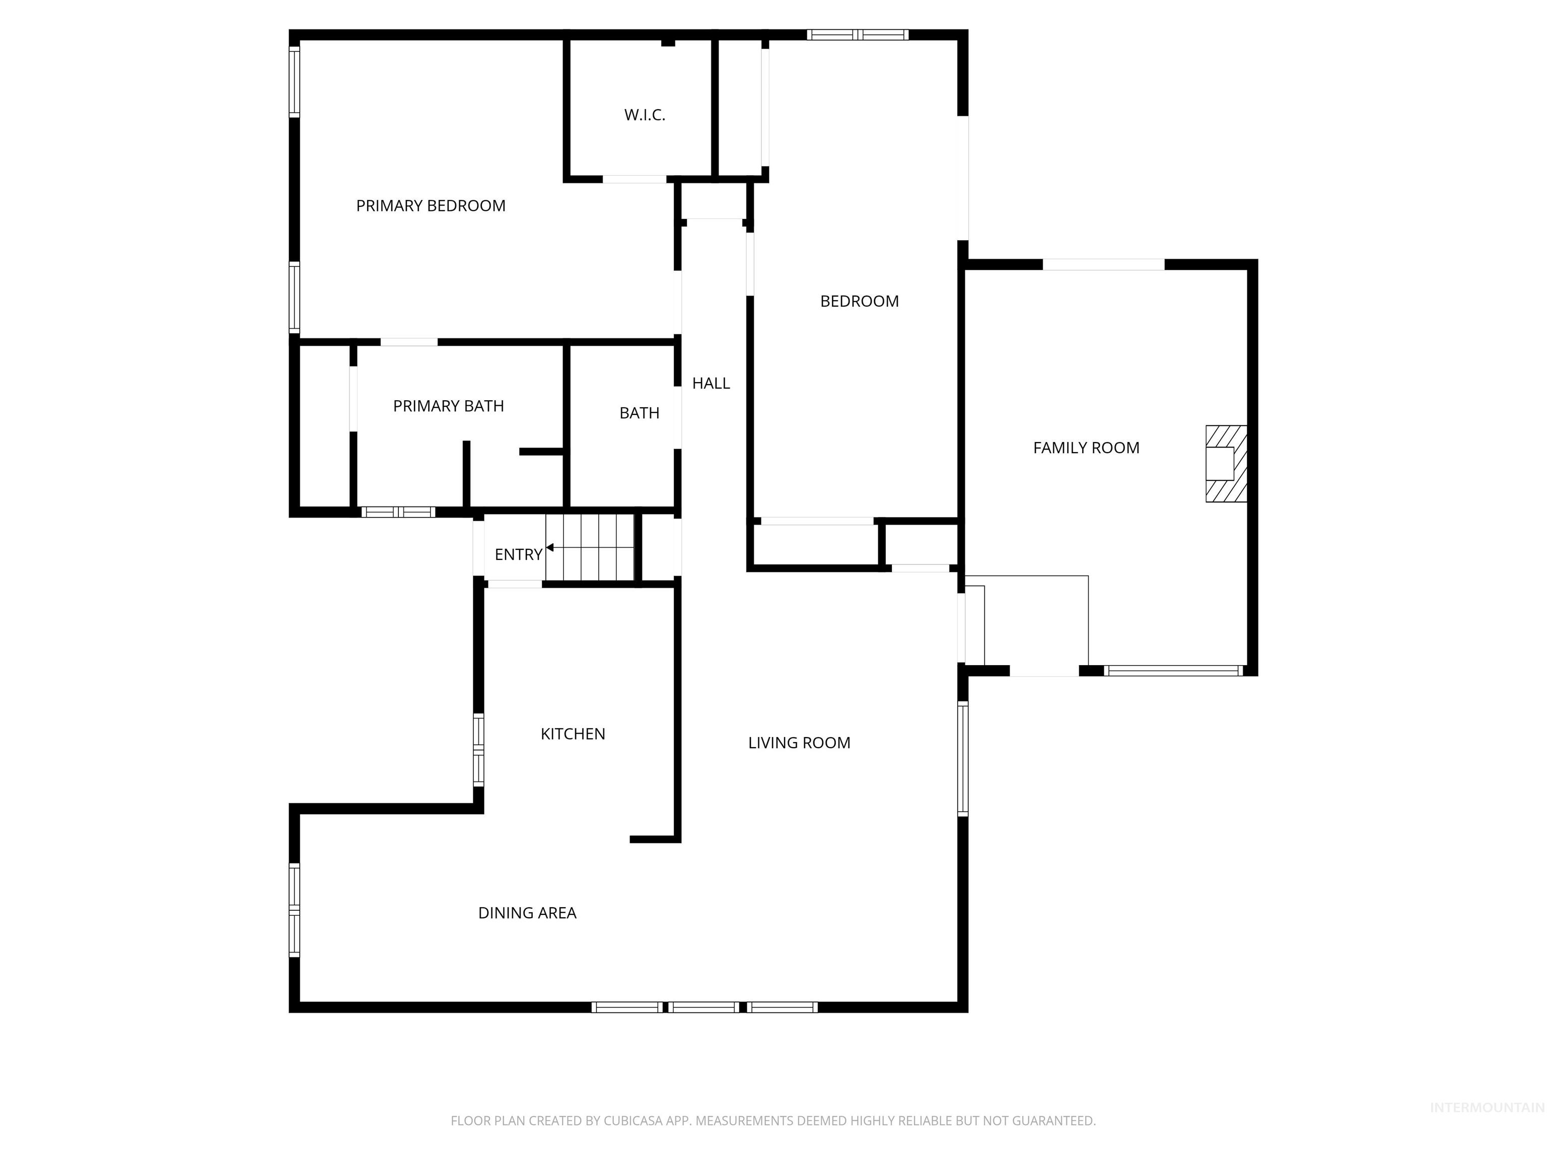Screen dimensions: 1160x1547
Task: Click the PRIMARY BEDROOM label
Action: [x=430, y=205]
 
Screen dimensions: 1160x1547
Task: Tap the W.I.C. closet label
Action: [x=644, y=115]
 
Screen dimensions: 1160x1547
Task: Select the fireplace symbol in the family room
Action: [x=1225, y=464]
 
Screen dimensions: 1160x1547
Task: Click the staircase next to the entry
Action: [x=590, y=547]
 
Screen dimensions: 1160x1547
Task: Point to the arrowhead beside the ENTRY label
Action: [x=550, y=547]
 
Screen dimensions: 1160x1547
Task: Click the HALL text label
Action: [x=711, y=383]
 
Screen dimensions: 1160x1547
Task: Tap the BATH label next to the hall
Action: [x=639, y=413]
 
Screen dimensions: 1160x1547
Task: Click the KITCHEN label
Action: [x=572, y=734]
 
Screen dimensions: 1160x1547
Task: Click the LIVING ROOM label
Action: [x=799, y=743]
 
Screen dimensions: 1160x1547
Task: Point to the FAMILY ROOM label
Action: [x=1085, y=448]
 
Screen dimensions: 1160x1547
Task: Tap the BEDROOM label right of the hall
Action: [x=859, y=302]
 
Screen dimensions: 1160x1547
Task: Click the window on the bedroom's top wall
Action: [x=858, y=34]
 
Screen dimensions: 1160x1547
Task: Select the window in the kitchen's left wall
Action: [x=478, y=750]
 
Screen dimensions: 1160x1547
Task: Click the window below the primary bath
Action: [x=398, y=512]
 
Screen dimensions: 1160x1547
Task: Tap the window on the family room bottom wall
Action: [x=1173, y=671]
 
